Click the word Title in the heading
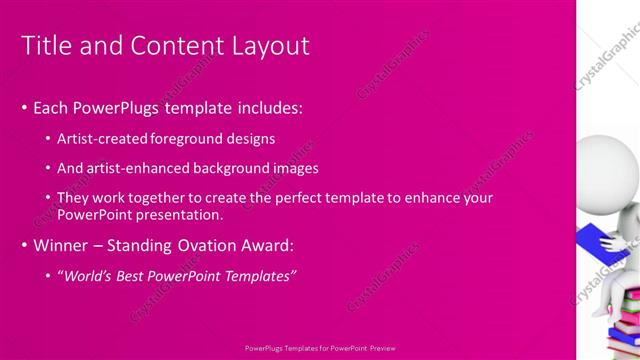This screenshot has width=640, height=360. pos(45,46)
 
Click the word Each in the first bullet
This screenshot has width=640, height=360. pos(51,107)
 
